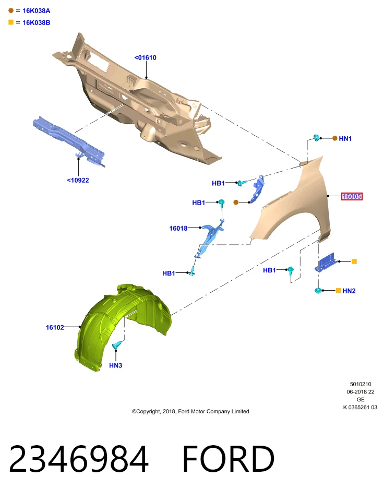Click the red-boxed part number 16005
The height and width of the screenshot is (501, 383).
click(x=352, y=196)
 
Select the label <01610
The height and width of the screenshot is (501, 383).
click(x=146, y=57)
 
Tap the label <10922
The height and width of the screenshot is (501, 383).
click(x=78, y=180)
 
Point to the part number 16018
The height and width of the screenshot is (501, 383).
click(x=178, y=228)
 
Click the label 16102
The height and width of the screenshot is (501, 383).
click(x=55, y=327)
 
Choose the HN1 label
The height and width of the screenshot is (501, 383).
click(x=345, y=138)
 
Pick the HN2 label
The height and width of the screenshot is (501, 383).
click(x=349, y=291)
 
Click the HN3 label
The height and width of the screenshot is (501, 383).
click(x=116, y=365)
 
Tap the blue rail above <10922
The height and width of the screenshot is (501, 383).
click(x=69, y=140)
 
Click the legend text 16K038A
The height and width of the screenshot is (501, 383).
click(x=37, y=11)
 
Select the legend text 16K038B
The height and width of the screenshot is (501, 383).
click(x=37, y=22)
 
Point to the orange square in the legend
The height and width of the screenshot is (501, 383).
click(x=11, y=22)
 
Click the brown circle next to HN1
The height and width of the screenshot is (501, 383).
click(x=335, y=138)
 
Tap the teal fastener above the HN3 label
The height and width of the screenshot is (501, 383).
click(x=117, y=345)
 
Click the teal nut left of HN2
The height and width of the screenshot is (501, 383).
click(x=318, y=291)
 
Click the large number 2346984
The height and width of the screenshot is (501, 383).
click(x=79, y=459)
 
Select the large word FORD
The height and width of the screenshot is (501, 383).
click(x=228, y=459)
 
